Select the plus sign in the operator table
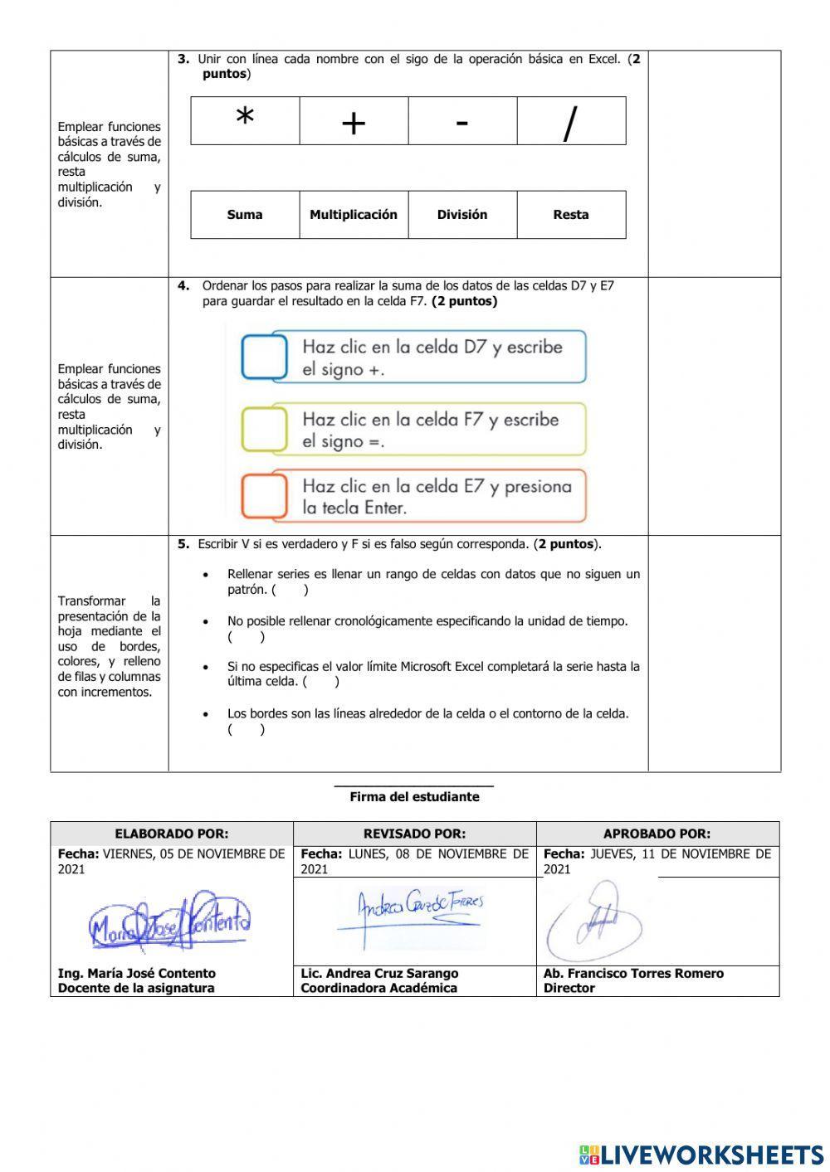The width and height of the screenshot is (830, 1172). [354, 124]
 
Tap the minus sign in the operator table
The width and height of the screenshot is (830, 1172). [462, 122]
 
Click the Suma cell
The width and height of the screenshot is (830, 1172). [245, 215]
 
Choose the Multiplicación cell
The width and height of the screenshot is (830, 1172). [354, 215]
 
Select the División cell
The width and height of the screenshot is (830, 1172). [462, 215]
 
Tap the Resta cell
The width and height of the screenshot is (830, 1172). [571, 215]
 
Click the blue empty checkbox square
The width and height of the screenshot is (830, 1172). [264, 357]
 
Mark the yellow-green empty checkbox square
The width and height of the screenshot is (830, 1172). [264, 430]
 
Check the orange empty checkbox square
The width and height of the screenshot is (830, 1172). [264, 495]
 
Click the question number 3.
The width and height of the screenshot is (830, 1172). [183, 59]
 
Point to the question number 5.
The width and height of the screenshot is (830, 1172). [183, 544]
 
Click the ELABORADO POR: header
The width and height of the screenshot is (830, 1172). [171, 834]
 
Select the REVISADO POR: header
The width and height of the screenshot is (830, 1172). [414, 834]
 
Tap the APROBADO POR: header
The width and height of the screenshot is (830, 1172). [657, 834]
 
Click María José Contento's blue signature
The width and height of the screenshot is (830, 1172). [170, 922]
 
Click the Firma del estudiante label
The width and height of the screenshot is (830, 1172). [414, 796]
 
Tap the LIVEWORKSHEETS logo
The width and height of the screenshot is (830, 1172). [701, 1155]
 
